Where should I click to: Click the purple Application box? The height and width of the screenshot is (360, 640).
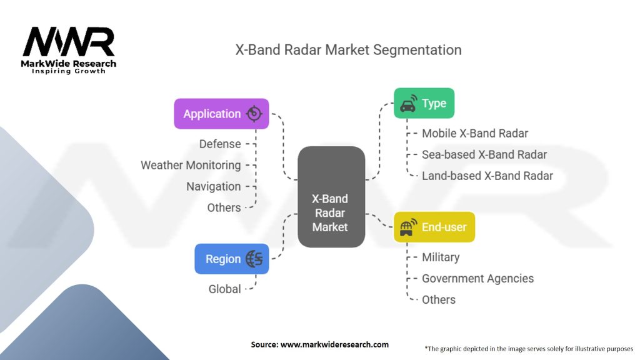point(221,114)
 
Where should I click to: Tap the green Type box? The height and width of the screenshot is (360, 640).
point(424,103)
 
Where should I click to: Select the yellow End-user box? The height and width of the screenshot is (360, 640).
point(434,227)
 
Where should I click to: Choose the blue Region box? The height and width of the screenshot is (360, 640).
point(231,259)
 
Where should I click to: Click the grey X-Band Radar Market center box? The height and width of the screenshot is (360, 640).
point(331,197)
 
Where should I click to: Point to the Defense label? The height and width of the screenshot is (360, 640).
point(220,144)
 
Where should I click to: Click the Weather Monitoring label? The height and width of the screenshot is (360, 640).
point(191,165)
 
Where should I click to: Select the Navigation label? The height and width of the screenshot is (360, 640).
point(214,186)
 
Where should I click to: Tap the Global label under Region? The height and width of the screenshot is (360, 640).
point(224,289)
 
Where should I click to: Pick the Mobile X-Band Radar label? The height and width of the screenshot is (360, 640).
point(475,134)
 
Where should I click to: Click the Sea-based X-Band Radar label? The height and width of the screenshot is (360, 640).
point(484,155)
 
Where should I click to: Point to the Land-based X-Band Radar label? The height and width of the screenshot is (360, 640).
point(487,176)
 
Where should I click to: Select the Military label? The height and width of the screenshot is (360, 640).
point(441,257)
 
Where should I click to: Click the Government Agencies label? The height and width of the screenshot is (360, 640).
point(477,278)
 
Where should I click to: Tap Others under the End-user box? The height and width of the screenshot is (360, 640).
point(438,299)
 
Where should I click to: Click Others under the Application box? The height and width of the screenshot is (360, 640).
point(224,207)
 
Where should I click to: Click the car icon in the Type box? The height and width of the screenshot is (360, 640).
point(408,104)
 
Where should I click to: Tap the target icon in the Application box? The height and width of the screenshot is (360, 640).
point(254,114)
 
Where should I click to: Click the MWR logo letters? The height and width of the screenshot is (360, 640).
point(69,42)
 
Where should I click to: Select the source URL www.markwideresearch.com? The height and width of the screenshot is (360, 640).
point(334,344)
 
